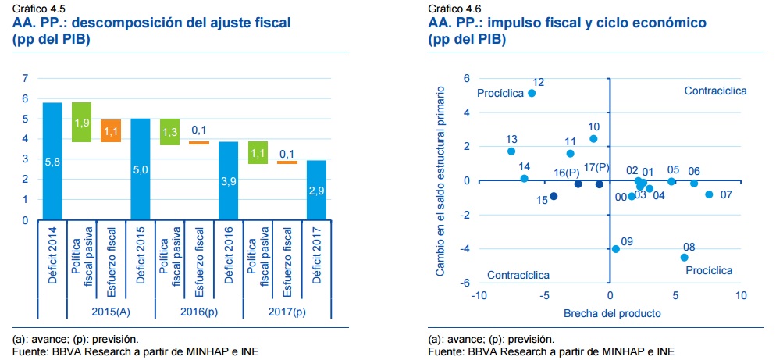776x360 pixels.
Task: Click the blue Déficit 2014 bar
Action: pyautogui.click(x=52, y=162)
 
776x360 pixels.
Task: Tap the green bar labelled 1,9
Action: pyautogui.click(x=81, y=123)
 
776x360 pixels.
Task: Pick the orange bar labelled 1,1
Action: pyautogui.click(x=111, y=131)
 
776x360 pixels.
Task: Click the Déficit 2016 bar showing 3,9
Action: pyautogui.click(x=227, y=180)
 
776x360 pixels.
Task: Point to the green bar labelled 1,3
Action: pyautogui.click(x=169, y=132)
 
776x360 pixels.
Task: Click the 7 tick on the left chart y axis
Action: pyautogui.click(x=24, y=78)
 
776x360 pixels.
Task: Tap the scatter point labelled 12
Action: pyautogui.click(x=532, y=93)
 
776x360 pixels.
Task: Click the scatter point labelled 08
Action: pyautogui.click(x=684, y=257)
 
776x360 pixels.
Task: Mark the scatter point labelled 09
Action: pyautogui.click(x=616, y=249)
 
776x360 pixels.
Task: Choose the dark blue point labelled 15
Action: pyautogui.click(x=554, y=196)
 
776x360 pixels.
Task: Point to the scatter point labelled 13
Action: pyautogui.click(x=511, y=151)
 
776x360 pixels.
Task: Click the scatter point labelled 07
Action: pyautogui.click(x=709, y=194)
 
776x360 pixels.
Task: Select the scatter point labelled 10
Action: pyautogui.click(x=593, y=139)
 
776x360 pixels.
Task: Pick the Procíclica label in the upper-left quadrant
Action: pyautogui.click(x=500, y=94)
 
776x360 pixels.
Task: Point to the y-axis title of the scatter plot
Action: pyautogui.click(x=440, y=180)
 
